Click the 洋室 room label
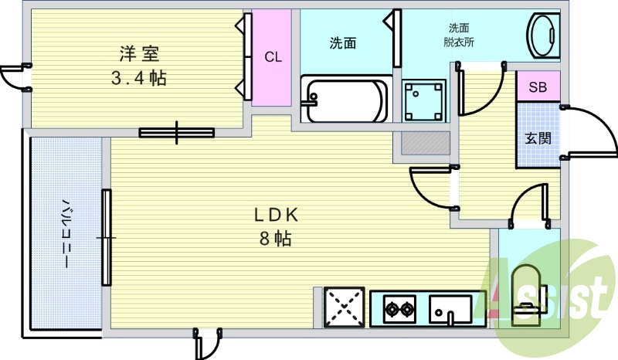pyautogui.click(x=138, y=54)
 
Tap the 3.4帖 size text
pyautogui.click(x=138, y=77)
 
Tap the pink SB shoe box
pyautogui.click(x=538, y=87)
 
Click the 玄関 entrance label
pyautogui.click(x=538, y=139)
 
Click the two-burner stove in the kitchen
pyautogui.click(x=399, y=311)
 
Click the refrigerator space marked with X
pyautogui.click(x=344, y=308)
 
